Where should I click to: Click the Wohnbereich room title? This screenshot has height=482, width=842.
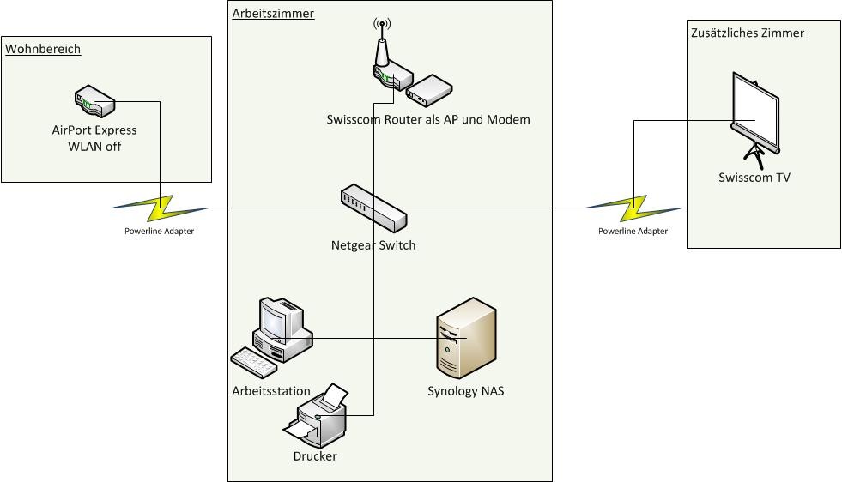point(43,50)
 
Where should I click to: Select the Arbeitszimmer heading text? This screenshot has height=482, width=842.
point(273,14)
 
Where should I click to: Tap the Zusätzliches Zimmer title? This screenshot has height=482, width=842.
point(747,33)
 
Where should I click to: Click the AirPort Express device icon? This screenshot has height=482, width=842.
point(94,102)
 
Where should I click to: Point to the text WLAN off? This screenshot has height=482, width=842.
point(94,145)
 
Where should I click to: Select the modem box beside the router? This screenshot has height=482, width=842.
point(428,87)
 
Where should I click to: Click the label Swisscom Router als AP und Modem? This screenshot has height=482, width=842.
point(428,120)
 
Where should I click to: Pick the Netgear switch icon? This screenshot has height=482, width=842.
point(373,208)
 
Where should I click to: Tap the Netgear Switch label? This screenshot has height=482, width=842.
point(373,245)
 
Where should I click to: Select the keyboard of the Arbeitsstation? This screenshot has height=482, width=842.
point(253,362)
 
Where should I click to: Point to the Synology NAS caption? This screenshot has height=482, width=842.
point(465,392)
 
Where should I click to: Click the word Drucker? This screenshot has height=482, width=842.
point(315,456)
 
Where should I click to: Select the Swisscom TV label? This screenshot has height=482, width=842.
point(754,178)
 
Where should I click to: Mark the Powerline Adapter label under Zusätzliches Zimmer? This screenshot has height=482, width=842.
point(633,232)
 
